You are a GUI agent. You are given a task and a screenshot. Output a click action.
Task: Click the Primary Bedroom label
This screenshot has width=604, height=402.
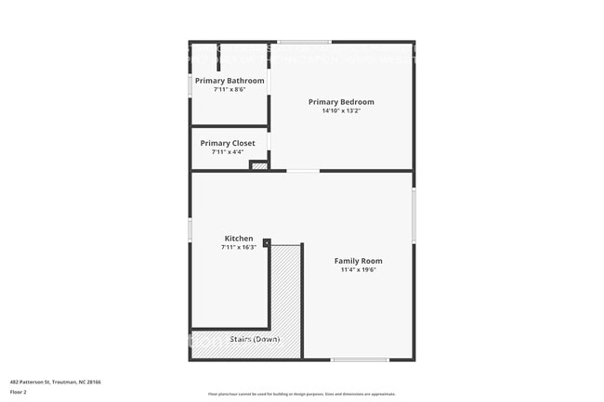pos(341,102)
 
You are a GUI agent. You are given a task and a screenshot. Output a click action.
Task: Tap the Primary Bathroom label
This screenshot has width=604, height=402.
pos(230,81)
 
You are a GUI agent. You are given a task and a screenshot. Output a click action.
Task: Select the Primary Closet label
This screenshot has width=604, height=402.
pos(228,143)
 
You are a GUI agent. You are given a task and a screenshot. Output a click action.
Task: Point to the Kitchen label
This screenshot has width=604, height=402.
pos(237,239)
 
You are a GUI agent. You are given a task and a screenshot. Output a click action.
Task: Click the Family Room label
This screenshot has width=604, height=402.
pos(358,261)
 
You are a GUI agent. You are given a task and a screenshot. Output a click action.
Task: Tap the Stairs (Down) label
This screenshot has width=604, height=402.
pos(256,339)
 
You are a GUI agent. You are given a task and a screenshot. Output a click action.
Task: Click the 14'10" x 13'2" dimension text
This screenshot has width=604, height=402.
pos(341,110)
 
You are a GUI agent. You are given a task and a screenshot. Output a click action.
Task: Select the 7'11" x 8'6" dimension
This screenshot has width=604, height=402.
pos(230,90)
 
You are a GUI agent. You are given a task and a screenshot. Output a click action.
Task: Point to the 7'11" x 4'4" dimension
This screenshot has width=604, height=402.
pos(228,152)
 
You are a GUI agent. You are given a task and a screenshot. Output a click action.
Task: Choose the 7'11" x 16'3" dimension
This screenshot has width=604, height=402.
pos(237,247)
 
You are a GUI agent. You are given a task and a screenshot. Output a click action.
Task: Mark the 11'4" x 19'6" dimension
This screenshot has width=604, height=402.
pos(358,270)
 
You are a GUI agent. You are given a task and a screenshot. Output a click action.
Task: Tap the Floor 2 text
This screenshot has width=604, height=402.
pos(18,392)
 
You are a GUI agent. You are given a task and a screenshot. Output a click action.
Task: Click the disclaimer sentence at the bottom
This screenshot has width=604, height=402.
pos(302,393)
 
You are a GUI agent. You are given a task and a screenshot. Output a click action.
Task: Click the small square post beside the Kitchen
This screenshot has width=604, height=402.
pos(267,243)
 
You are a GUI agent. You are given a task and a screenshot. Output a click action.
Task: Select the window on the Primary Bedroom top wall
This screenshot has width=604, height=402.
pos(304,42)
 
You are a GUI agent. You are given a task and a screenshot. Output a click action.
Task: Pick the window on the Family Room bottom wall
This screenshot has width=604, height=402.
pos(360,359)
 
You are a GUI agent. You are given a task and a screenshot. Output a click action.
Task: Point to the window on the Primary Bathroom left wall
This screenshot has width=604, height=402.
pos(190,84)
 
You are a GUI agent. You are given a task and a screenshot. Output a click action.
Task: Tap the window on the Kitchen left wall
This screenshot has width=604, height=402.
pos(190,229)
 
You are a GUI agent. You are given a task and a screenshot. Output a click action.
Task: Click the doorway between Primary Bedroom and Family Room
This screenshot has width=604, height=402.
pos(302,171)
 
